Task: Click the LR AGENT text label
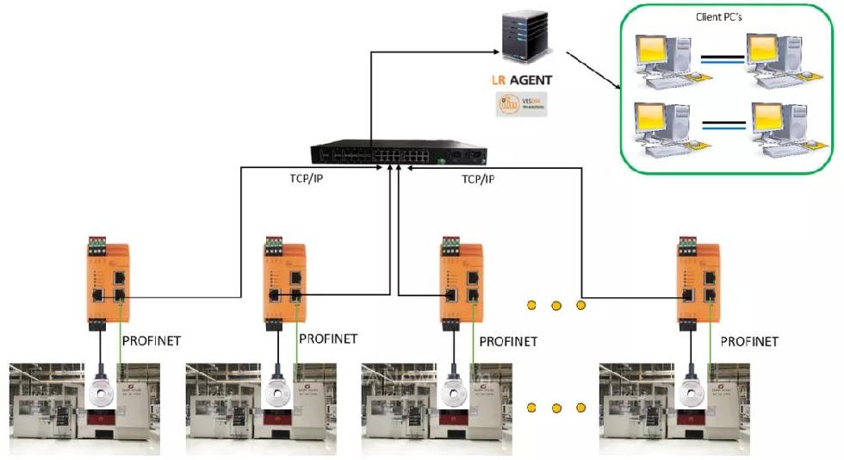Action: (523, 81)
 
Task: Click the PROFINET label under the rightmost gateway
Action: (748, 341)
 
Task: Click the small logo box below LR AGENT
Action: (520, 105)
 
